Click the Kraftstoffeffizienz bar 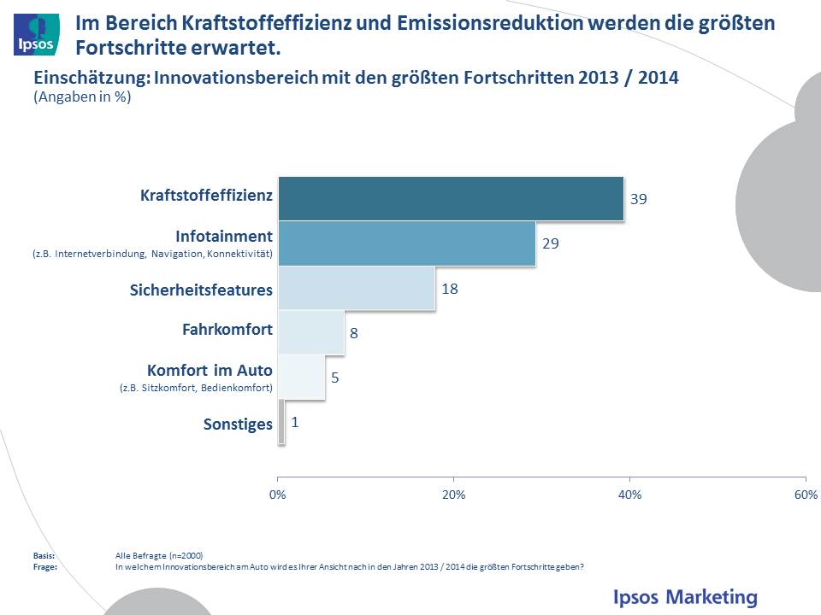[x=451, y=198]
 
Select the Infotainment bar [x=406, y=243]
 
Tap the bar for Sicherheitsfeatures [x=356, y=289]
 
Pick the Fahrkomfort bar [x=311, y=332]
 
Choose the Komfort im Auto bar [x=302, y=377]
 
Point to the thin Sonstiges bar [x=281, y=423]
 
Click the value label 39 [x=639, y=199]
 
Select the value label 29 [x=551, y=243]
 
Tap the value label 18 [x=450, y=289]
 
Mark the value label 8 [x=353, y=333]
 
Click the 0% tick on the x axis [x=277, y=495]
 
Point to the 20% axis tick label [x=453, y=495]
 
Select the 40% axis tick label [x=629, y=495]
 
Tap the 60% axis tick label [x=806, y=495]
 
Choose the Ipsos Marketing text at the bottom [x=685, y=596]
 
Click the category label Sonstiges [x=238, y=424]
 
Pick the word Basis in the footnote [x=44, y=555]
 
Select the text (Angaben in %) [x=82, y=97]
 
